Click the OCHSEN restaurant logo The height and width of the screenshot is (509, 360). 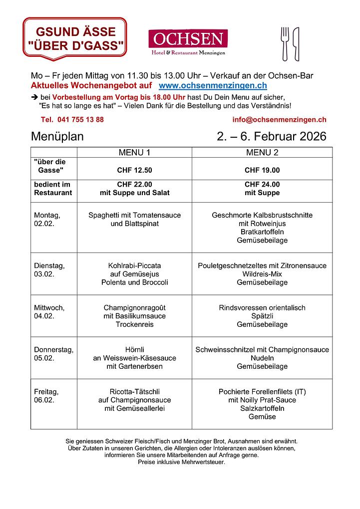coord(188,42)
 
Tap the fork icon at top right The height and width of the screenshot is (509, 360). coord(285,43)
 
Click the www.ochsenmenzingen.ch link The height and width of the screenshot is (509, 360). coord(213,86)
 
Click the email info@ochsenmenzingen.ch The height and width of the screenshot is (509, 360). coord(279,120)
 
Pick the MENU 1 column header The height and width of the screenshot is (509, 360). coord(134,152)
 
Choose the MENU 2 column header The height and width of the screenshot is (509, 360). coord(262,152)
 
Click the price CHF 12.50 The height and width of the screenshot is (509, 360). coord(134,170)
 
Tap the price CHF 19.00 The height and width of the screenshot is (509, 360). coord(262,170)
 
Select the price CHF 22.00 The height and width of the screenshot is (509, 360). coord(134,184)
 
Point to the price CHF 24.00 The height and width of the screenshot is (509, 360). coord(262,184)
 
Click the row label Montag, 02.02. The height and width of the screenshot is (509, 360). coord(47,220)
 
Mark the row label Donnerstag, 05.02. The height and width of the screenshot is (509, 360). coord(53,354)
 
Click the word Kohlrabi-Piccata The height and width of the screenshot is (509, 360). coord(134,265)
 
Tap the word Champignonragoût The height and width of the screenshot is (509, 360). coord(134,307)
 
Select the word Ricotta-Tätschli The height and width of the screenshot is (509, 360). coord(134,392)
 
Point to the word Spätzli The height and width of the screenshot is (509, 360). coord(262,316)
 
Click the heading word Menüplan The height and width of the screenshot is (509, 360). coord(57,136)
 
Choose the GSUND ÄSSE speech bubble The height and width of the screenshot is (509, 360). coord(75,38)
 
